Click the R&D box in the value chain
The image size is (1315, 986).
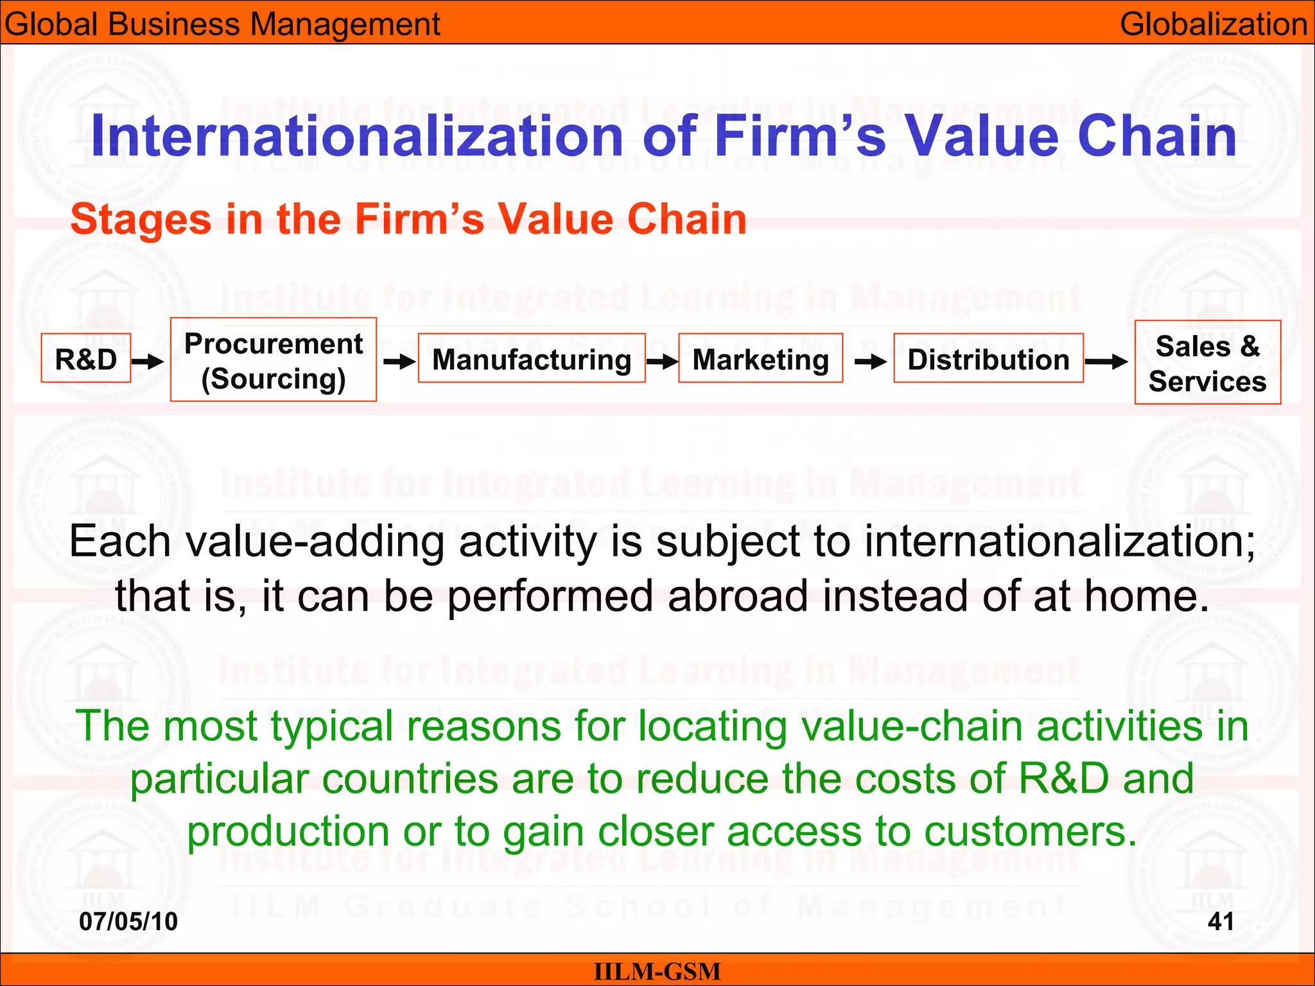[x=86, y=359]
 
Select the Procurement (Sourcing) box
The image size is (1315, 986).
[x=274, y=360]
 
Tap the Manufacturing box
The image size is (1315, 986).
[x=532, y=359]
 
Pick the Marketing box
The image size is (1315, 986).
[x=761, y=359]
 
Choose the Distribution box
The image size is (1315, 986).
[x=988, y=359]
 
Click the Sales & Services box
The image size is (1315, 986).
[x=1207, y=363]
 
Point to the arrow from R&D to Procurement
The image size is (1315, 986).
[x=148, y=362]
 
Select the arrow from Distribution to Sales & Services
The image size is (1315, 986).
[x=1106, y=362]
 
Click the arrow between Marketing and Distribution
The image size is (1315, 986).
[x=871, y=363]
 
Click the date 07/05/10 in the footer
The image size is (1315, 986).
[x=128, y=922]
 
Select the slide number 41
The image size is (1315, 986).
[x=1221, y=922]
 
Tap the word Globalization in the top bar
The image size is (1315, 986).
[x=1214, y=24]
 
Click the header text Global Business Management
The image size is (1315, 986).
[x=222, y=24]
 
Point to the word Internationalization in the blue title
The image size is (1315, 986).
[x=357, y=136]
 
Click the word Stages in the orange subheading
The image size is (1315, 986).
[x=141, y=220]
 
